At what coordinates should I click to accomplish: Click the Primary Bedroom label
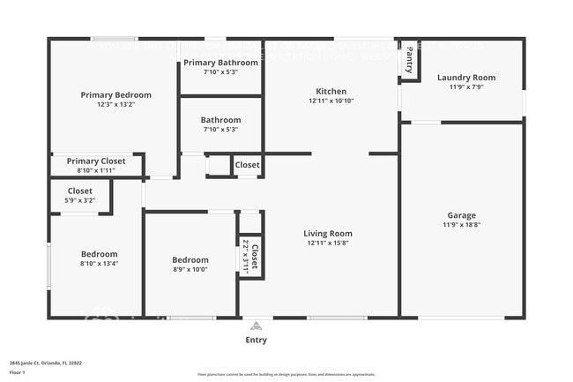[x=115, y=95]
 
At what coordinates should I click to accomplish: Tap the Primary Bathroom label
[x=220, y=63]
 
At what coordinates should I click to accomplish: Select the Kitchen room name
[x=331, y=91]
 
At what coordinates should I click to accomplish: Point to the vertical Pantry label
[x=410, y=61]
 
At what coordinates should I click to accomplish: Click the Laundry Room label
[x=466, y=78]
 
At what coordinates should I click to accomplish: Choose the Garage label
[x=461, y=215]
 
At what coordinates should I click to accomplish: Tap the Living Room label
[x=330, y=234]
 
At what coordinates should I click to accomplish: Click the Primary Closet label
[x=95, y=161]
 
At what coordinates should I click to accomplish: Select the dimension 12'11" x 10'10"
[x=331, y=101]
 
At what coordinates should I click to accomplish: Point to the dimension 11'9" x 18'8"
[x=461, y=225]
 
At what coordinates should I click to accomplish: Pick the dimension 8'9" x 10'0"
[x=190, y=270]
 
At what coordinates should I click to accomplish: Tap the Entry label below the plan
[x=256, y=340]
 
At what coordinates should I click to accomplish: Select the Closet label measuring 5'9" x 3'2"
[x=80, y=191]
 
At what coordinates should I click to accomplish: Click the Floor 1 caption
[x=17, y=372]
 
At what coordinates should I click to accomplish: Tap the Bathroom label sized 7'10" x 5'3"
[x=220, y=120]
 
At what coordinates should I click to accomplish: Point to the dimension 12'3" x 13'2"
[x=115, y=105]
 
